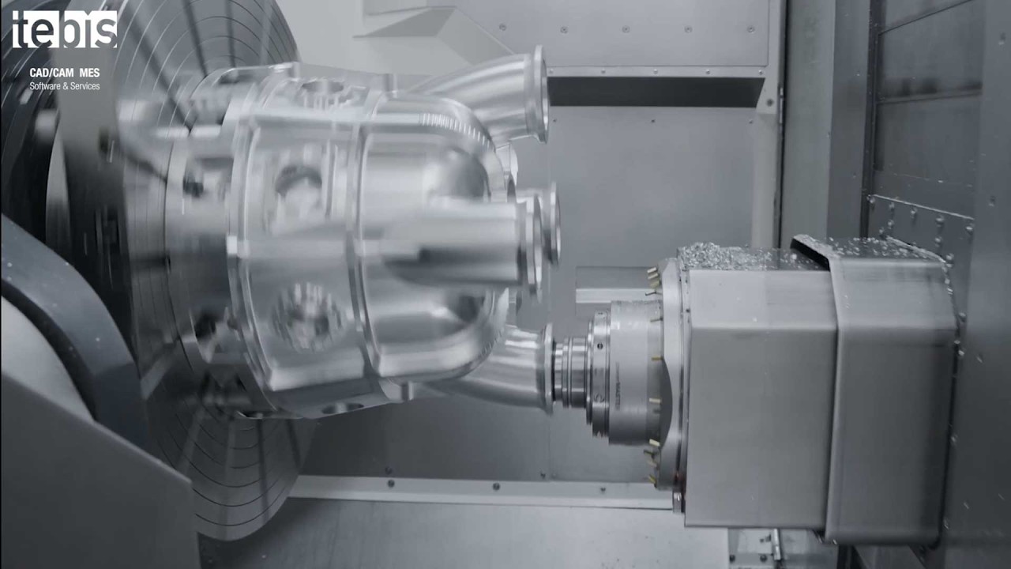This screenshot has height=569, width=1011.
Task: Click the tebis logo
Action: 65,29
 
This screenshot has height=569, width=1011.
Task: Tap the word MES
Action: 89,73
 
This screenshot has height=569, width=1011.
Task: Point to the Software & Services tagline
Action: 65,86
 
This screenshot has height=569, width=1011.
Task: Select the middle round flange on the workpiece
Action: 549,224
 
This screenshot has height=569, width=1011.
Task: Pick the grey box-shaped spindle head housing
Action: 813,388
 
